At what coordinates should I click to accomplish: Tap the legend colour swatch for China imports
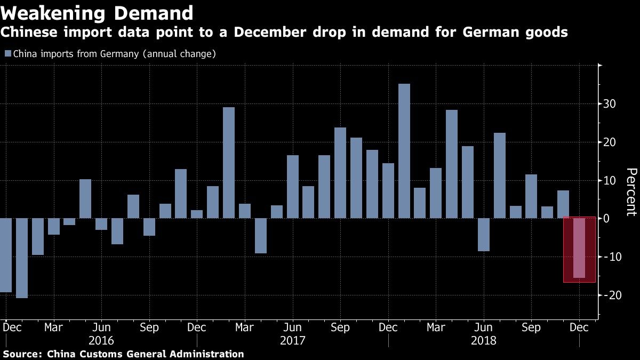[7, 54]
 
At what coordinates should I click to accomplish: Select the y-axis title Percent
[631, 192]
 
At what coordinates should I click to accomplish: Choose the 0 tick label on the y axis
[608, 219]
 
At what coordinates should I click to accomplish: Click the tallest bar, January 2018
[404, 151]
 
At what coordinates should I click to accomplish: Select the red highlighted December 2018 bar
[579, 248]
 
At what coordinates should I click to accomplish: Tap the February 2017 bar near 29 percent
[229, 163]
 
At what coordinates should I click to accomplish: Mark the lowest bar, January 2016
[22, 258]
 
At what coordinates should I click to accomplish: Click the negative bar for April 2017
[261, 236]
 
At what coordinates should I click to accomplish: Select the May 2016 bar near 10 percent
[85, 198]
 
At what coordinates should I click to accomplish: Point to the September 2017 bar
[340, 173]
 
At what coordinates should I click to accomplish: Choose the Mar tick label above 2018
[436, 327]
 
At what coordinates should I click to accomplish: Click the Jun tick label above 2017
[292, 327]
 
